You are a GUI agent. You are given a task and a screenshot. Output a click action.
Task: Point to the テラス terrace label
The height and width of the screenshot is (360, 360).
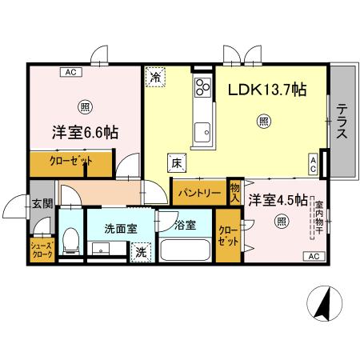[342, 121]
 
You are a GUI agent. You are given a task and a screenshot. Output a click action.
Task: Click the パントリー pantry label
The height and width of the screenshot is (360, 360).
[199, 194]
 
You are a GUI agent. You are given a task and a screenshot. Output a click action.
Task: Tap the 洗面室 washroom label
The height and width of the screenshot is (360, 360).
[121, 228]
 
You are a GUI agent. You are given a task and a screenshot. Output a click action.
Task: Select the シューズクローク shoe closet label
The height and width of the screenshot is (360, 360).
[42, 249]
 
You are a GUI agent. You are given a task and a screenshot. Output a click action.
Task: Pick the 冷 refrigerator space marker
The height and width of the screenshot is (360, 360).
[155, 78]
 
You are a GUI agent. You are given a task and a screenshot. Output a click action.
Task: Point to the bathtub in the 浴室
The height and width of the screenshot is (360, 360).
[185, 248]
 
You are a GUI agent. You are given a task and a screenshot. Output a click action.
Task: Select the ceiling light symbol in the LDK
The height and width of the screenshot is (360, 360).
[263, 122]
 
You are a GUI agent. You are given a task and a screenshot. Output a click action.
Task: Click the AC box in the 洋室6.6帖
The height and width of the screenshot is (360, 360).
[70, 71]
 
